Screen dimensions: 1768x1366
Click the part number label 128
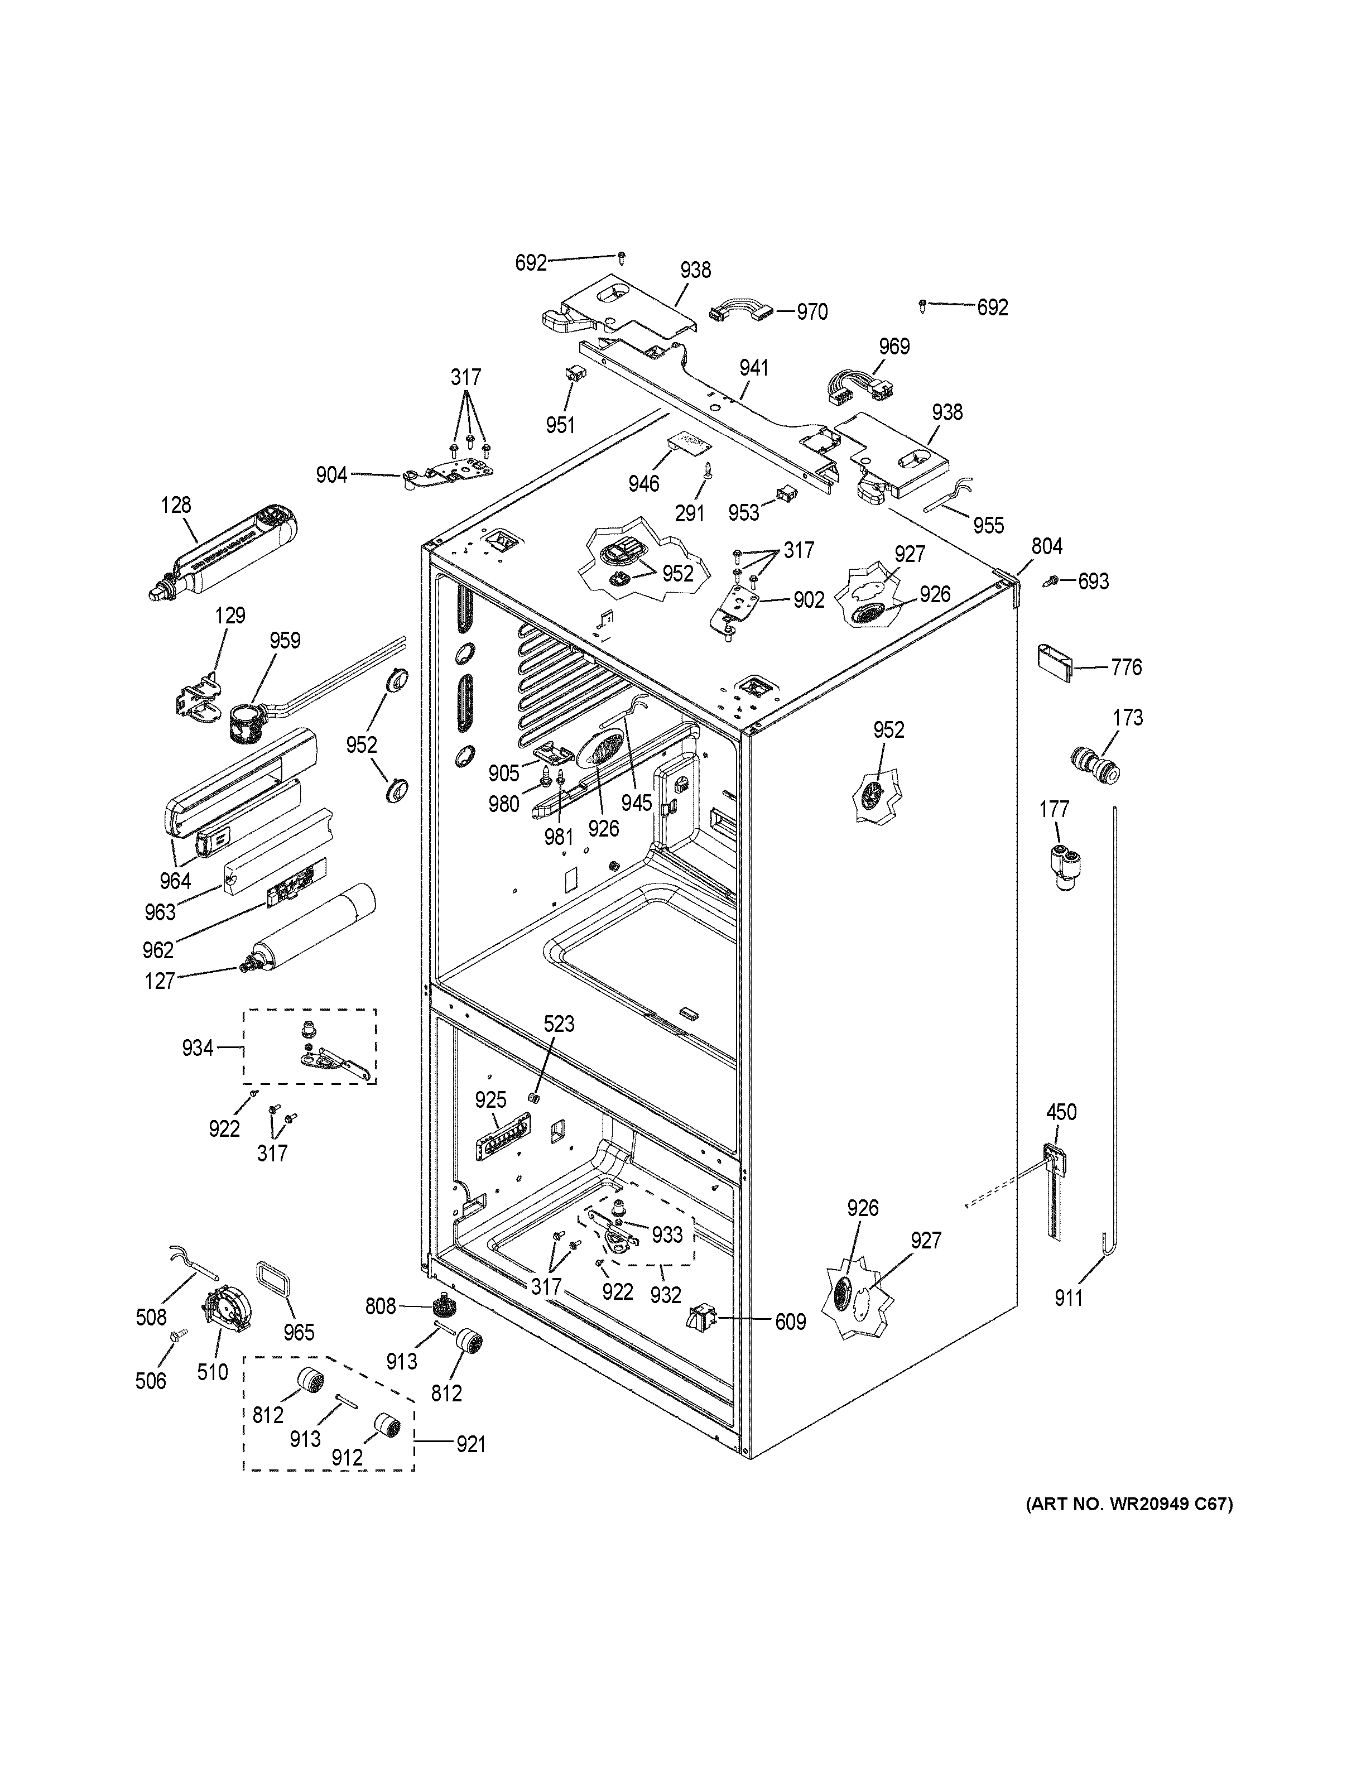[x=176, y=505]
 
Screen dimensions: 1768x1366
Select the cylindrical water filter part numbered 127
[x=311, y=929]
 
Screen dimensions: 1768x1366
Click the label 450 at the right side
[x=1061, y=1112]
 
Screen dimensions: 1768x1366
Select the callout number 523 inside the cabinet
[x=559, y=1024]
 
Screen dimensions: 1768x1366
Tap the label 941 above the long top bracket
[x=753, y=368]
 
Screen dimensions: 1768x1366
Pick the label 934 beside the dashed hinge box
[x=198, y=1048]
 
